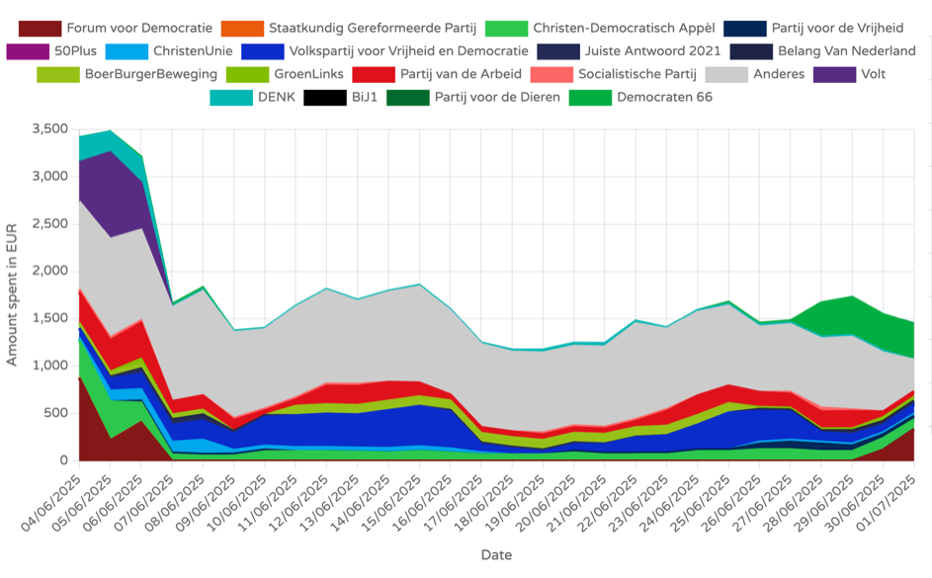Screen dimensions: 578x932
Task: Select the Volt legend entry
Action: pyautogui.click(x=871, y=73)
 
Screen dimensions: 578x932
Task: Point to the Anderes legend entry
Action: pyautogui.click(x=778, y=73)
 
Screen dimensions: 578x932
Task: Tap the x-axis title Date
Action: pyautogui.click(x=496, y=555)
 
